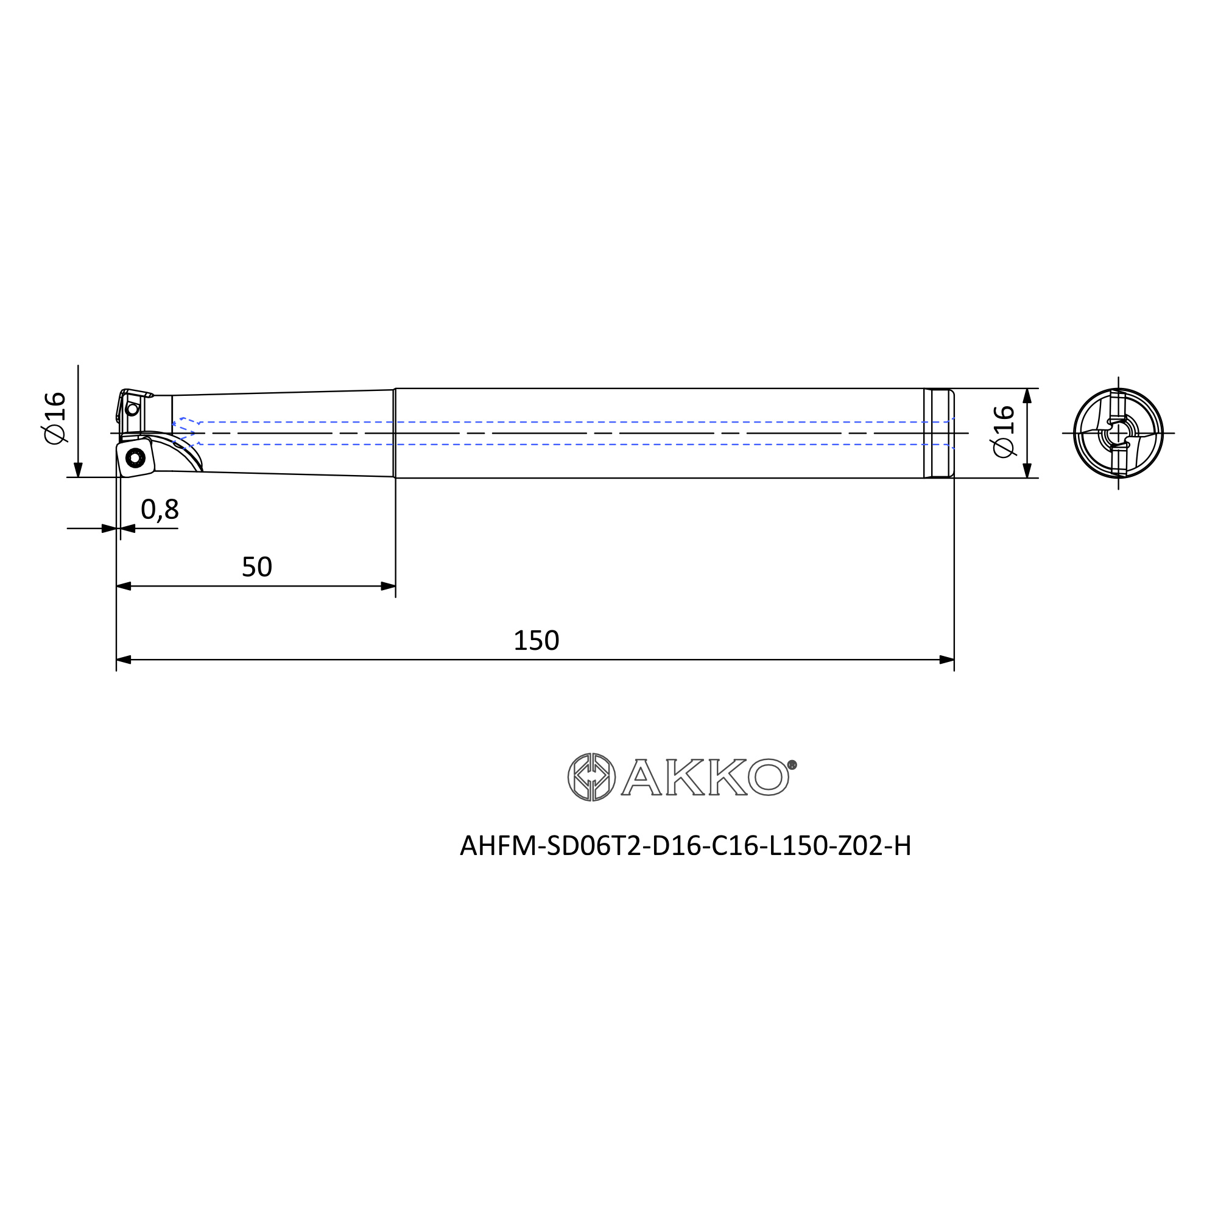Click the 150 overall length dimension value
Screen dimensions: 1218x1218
(x=536, y=641)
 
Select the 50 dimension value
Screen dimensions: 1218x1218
(x=256, y=568)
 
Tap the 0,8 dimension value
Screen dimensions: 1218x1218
(x=160, y=510)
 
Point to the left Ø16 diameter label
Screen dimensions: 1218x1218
(x=55, y=418)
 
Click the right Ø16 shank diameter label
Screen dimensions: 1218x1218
(x=1004, y=431)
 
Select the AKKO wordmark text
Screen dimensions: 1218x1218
(x=705, y=776)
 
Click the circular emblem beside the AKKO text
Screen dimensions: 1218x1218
(x=591, y=776)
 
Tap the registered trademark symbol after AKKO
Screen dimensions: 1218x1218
(x=792, y=765)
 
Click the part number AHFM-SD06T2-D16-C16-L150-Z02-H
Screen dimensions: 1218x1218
(x=685, y=846)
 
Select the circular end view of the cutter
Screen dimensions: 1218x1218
(x=1118, y=433)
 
